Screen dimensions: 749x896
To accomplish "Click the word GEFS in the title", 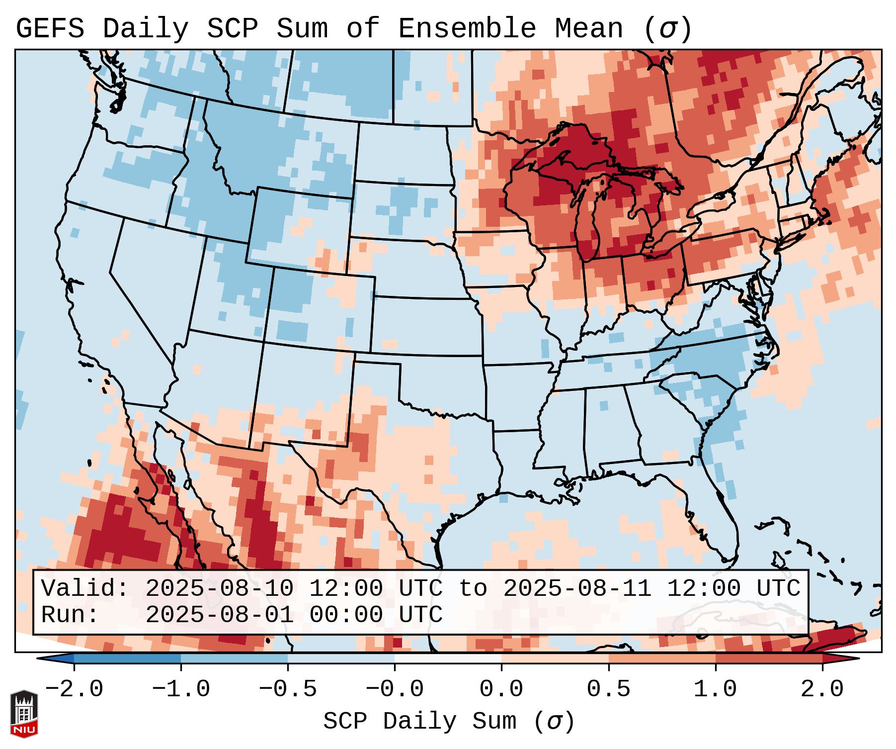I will click(50, 29).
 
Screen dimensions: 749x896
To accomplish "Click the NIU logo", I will click(24, 714).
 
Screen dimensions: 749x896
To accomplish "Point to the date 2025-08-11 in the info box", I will click(577, 589).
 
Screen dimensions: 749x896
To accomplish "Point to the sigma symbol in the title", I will click(667, 29).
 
